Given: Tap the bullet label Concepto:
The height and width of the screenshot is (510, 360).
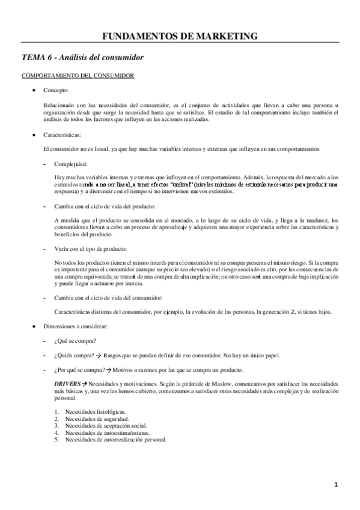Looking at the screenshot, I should tap(56, 90).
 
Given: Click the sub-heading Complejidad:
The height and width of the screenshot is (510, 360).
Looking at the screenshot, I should tap(71, 164).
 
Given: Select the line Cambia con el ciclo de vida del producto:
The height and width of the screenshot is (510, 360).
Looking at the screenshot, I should tap(96, 206).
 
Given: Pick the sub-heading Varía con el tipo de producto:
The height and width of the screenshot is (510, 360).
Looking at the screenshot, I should tap(91, 248).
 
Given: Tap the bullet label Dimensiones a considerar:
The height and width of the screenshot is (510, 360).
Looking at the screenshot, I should tap(75, 327).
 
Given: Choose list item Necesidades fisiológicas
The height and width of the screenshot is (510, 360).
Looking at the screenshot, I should tap(96, 411).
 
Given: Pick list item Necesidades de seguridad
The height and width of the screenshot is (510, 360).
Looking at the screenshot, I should tap(97, 418).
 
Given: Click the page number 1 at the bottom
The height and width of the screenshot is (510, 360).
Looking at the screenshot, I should tap(337, 484).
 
